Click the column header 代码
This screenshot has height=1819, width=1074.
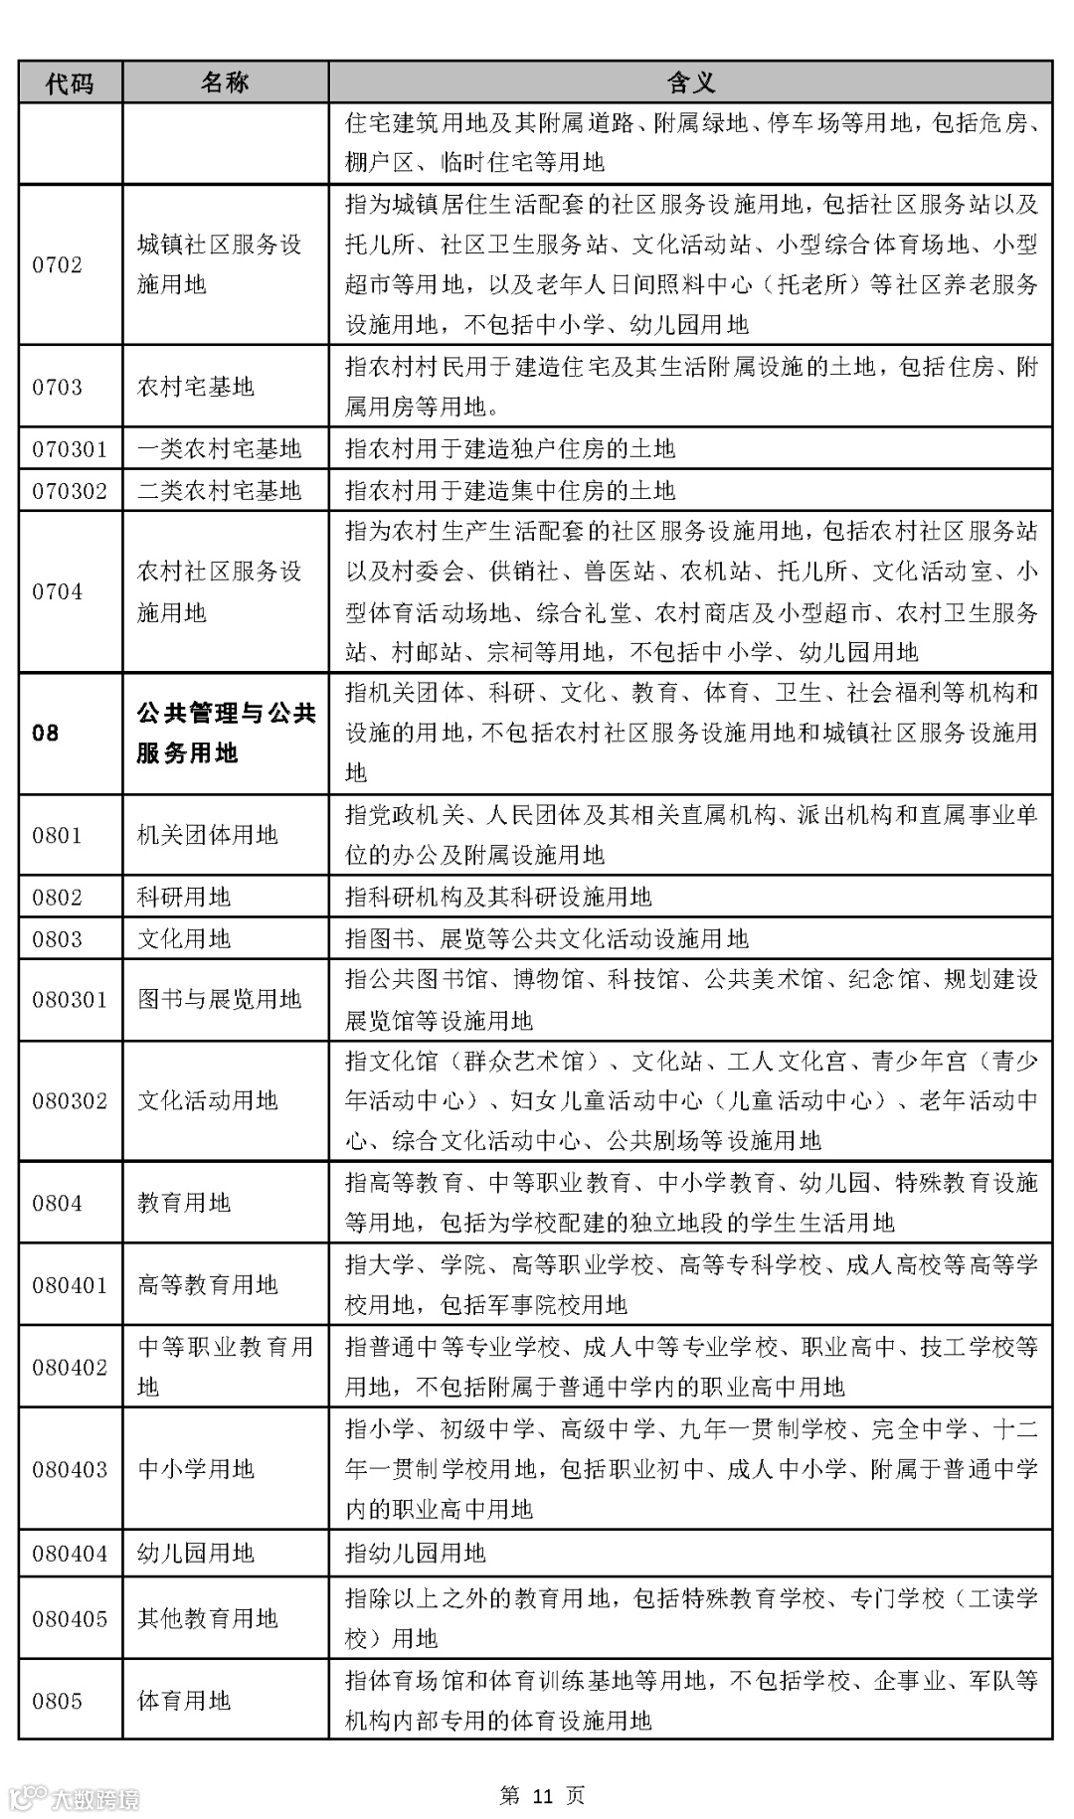click(x=70, y=83)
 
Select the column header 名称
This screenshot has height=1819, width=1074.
click(x=225, y=83)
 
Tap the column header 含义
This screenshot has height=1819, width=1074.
click(x=690, y=83)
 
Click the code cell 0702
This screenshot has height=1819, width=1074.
click(x=58, y=265)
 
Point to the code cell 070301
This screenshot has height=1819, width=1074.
click(x=70, y=449)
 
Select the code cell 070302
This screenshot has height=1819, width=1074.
click(x=70, y=491)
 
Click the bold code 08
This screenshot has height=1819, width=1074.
click(x=46, y=734)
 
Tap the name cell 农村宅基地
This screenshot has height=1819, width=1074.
click(x=195, y=388)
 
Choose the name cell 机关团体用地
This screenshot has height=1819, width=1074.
click(x=207, y=835)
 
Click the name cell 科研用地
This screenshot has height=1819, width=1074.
click(x=184, y=898)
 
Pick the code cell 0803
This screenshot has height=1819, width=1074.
click(x=58, y=939)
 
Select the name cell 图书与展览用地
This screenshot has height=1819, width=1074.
click(x=219, y=1000)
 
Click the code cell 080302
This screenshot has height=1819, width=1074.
click(x=70, y=1101)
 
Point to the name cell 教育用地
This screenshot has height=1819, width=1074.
click(x=184, y=1204)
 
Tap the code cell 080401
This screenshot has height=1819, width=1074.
click(x=70, y=1285)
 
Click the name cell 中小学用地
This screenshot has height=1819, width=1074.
click(x=196, y=1469)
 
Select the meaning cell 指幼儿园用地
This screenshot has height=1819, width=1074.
click(x=416, y=1553)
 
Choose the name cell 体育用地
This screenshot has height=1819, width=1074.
click(x=184, y=1701)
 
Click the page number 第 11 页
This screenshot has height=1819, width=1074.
click(x=542, y=1795)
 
